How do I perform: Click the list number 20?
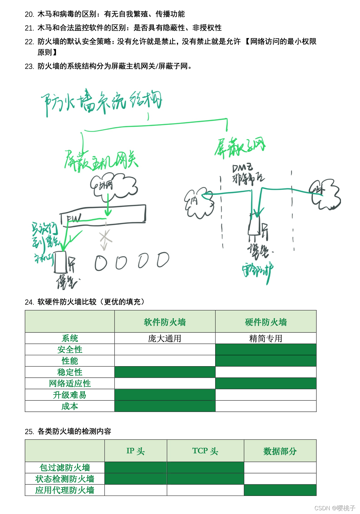pos(29,14)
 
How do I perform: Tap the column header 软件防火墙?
pos(165,322)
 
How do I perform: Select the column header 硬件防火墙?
pos(266,322)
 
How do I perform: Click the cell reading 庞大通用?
pos(165,338)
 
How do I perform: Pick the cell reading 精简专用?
pos(266,338)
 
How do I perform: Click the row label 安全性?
pos(70,350)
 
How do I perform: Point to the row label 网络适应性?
pos(70,383)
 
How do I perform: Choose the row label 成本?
pos(70,406)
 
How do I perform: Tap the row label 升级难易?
pos(70,395)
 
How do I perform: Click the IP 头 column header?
pos(136,451)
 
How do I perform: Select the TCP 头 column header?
pos(205,451)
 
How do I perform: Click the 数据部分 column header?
pos(280,451)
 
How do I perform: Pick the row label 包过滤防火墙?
pos(65,468)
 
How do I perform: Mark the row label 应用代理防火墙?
pos(65,490)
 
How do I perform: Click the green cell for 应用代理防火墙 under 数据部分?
pos(280,490)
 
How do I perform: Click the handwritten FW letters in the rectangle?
pos(74,218)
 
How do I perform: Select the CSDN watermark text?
pos(335,508)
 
